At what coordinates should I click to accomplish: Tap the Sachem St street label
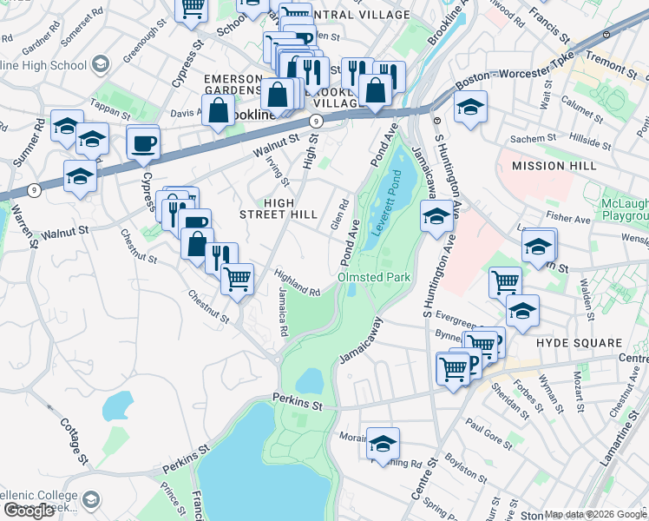click(x=532, y=138)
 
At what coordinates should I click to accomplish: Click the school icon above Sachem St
click(x=470, y=107)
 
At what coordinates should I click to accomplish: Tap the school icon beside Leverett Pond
click(x=435, y=217)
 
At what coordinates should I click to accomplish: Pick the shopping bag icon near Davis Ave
click(x=219, y=111)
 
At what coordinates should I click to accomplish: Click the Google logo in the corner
click(x=29, y=511)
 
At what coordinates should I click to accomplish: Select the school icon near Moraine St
click(x=383, y=444)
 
